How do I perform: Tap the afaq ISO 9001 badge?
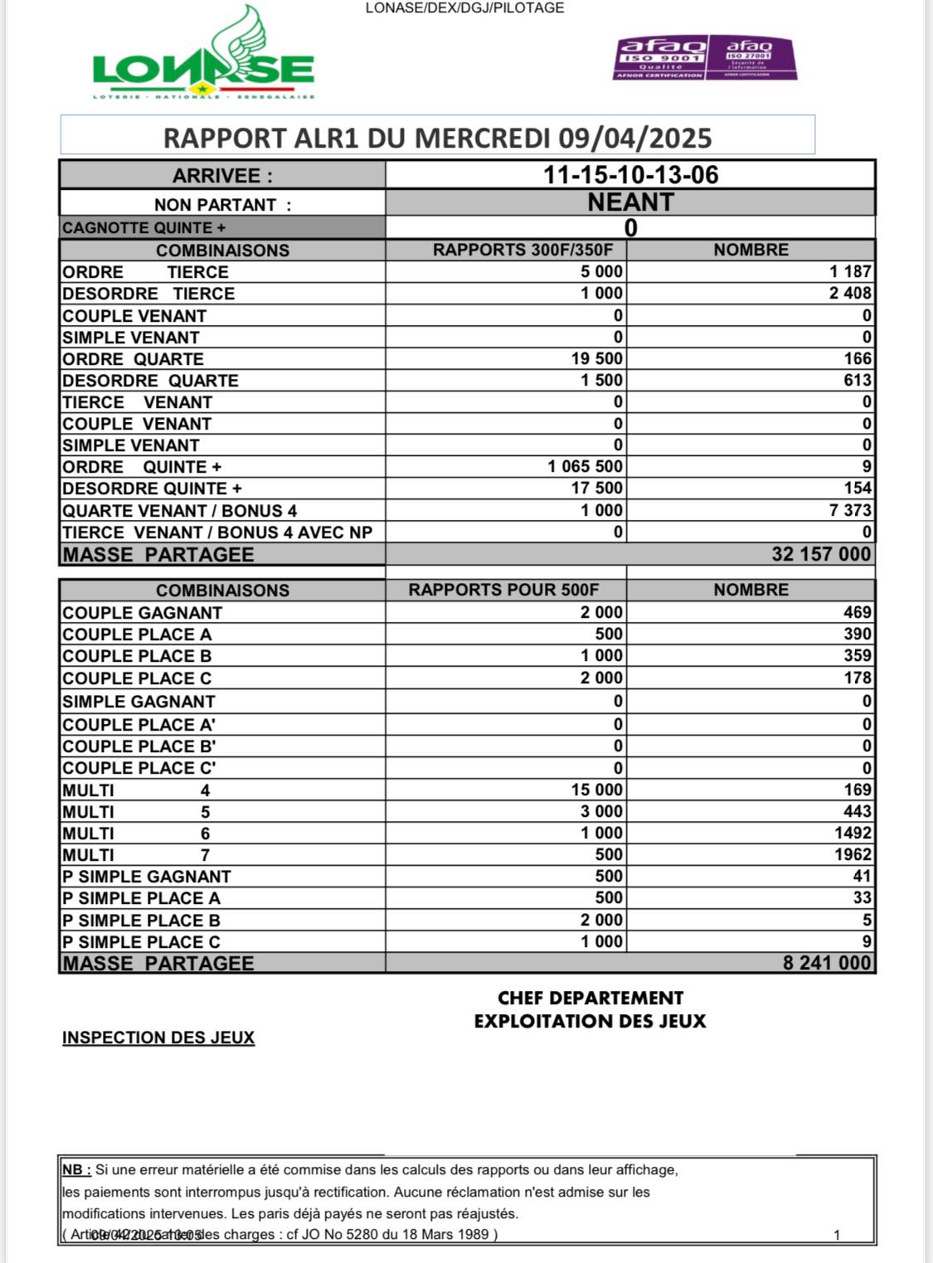660,57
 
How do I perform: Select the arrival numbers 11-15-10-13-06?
630,175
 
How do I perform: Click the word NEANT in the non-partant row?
630,202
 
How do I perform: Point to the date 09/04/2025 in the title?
634,138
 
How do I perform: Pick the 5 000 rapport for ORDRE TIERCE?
601,272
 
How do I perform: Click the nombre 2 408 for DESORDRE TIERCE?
850,294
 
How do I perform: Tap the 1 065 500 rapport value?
585,466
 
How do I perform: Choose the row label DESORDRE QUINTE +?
152,488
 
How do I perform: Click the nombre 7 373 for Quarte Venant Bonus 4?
850,510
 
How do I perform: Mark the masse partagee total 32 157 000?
821,554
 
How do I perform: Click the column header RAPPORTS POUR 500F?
503,590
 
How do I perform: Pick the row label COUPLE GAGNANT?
143,613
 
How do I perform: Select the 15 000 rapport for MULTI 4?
596,789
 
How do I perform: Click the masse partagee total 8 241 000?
827,963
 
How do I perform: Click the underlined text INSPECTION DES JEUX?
158,1037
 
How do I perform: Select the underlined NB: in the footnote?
76,1169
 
